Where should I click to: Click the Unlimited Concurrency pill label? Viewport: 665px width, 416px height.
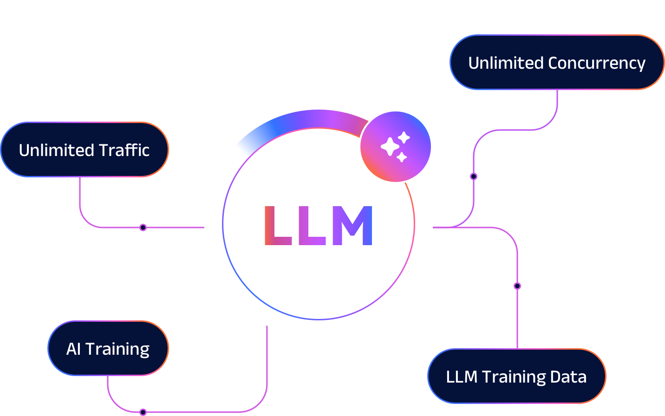click(x=557, y=62)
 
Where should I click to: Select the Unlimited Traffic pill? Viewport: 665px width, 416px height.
click(x=85, y=149)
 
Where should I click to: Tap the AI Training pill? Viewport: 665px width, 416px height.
click(x=108, y=348)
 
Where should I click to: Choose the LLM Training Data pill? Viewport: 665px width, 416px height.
click(x=516, y=376)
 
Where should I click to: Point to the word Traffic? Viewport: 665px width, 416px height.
click(x=124, y=150)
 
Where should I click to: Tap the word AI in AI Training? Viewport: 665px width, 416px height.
click(x=73, y=349)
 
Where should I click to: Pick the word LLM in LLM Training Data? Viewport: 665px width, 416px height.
click(x=462, y=377)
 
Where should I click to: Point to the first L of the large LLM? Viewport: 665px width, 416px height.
click(x=277, y=226)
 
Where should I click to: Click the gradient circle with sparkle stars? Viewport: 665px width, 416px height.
click(x=396, y=147)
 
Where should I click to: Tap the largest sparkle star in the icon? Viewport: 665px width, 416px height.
click(x=390, y=147)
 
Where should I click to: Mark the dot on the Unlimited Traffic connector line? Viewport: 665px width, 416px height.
click(x=143, y=227)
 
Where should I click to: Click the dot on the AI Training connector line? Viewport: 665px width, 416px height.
click(x=143, y=412)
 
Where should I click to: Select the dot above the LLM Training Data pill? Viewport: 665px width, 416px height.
click(x=517, y=286)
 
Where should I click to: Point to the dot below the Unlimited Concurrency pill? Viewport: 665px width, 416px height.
click(x=474, y=176)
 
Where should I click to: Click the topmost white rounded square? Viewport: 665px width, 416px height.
click(x=319, y=42)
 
